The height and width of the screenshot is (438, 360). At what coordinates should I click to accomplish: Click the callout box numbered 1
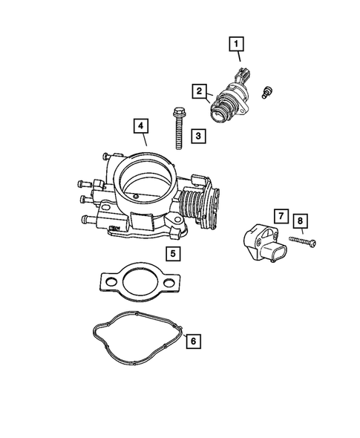237,49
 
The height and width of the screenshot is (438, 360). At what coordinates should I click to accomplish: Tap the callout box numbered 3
198,137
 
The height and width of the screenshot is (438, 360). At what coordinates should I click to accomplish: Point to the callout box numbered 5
172,254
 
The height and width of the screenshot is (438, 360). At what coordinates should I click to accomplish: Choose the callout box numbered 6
192,341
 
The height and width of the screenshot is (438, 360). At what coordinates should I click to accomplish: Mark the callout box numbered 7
280,217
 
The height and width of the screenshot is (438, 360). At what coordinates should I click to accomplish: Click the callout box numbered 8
300,220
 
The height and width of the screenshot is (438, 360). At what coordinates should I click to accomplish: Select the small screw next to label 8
301,241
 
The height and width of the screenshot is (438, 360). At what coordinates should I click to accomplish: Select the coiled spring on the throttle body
194,203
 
